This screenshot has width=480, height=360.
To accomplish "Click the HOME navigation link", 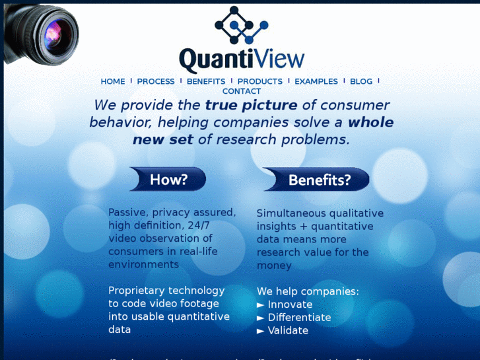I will [x=112, y=82].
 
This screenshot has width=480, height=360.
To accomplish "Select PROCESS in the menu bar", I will [x=156, y=82].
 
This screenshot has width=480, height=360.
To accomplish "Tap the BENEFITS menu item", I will [x=206, y=82].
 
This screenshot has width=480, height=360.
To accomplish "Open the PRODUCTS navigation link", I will [x=259, y=82].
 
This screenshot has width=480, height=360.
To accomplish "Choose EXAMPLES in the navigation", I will [x=316, y=82].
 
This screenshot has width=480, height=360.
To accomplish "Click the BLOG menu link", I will [x=361, y=82].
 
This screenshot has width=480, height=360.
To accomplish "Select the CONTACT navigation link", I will [x=242, y=92].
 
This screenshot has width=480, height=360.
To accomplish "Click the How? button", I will [x=168, y=179].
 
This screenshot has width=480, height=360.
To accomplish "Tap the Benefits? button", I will [x=318, y=180].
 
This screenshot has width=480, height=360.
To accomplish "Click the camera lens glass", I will [x=53, y=34].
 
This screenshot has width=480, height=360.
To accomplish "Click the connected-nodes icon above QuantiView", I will [x=241, y=25].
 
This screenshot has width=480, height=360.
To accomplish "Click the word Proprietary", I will [x=136, y=291].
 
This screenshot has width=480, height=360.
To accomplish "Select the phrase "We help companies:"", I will [x=308, y=291].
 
